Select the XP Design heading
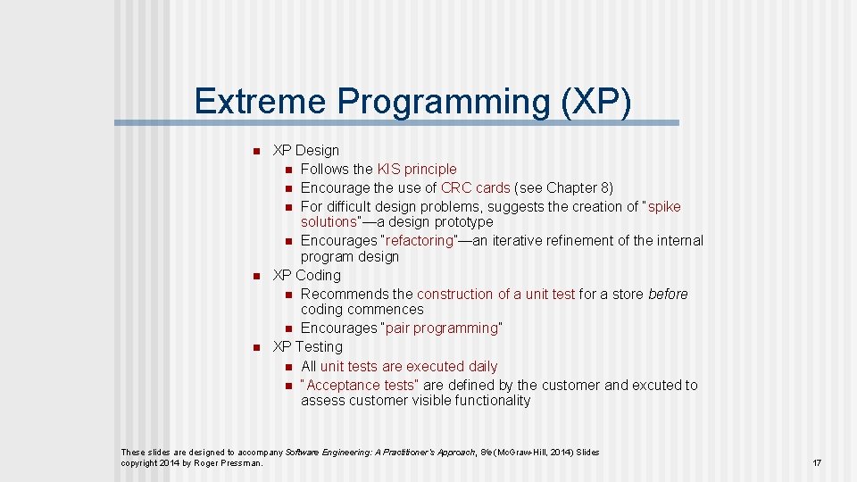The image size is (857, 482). pos(305,150)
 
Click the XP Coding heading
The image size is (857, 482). pos(306,275)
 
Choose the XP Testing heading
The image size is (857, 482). pos(307,346)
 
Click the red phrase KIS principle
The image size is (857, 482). pos(416,169)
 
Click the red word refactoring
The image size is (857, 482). pos(420,240)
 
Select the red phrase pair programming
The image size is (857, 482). pos(442,328)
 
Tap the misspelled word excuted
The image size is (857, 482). pos(656,385)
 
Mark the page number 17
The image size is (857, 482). pos(816,462)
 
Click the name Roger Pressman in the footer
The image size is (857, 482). pos(229,462)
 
